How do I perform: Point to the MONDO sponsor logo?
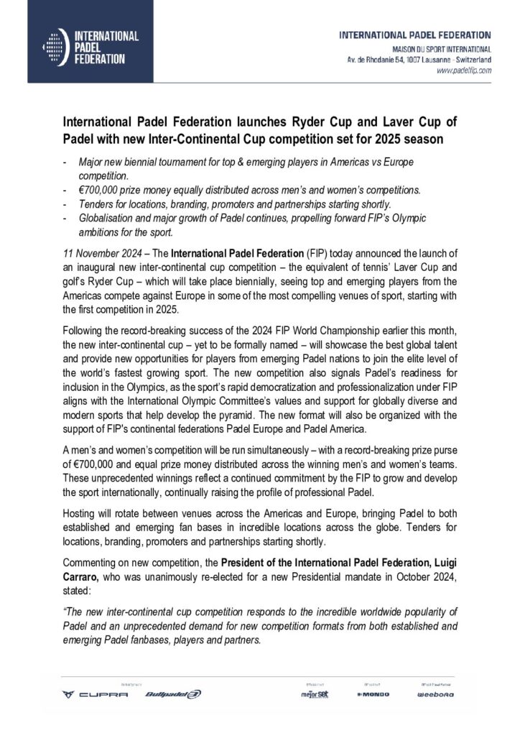point(371,695)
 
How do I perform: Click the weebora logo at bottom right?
point(435,695)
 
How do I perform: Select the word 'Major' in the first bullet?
point(90,164)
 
